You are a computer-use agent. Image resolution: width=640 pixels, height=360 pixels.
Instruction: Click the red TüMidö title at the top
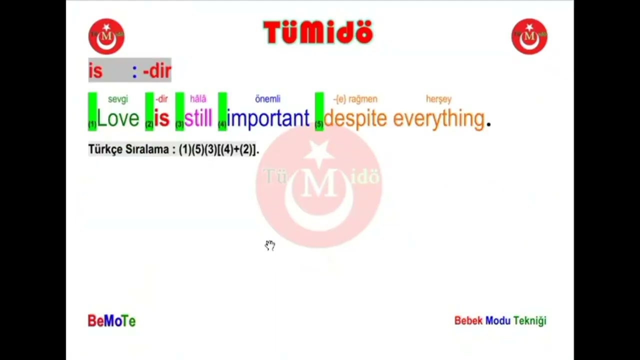[318, 33]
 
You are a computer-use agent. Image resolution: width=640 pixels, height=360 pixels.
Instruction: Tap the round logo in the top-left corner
[106, 36]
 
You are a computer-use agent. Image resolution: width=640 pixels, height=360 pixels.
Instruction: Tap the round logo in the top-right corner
[529, 36]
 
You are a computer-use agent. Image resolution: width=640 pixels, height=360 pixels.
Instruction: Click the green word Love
[118, 118]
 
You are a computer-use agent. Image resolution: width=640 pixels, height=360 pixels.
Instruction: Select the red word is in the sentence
[161, 118]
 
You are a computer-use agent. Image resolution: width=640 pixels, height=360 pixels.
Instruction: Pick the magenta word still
[198, 118]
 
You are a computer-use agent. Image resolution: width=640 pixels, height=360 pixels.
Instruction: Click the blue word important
[268, 118]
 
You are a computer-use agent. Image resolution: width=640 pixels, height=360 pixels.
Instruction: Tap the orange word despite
[355, 118]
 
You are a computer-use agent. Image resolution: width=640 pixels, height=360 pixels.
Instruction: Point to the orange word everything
[438, 118]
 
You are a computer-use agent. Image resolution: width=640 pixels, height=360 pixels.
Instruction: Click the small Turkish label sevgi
[118, 99]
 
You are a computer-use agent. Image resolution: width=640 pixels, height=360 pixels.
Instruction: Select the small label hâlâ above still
[198, 99]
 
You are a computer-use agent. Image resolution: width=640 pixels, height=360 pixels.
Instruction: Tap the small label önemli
[267, 99]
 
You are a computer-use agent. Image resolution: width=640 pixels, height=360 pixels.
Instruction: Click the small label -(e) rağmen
[355, 99]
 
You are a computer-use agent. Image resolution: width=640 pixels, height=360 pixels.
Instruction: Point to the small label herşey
[438, 99]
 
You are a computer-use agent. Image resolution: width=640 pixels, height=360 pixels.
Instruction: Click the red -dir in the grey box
[157, 71]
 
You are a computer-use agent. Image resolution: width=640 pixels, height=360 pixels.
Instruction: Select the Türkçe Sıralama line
[173, 149]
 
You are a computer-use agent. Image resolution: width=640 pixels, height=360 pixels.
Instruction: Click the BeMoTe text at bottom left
[111, 321]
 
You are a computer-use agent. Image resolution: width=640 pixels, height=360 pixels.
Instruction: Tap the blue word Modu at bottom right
[497, 320]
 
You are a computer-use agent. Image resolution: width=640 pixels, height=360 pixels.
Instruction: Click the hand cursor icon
[270, 245]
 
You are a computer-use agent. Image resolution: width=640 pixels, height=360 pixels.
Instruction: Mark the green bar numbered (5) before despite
[319, 111]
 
